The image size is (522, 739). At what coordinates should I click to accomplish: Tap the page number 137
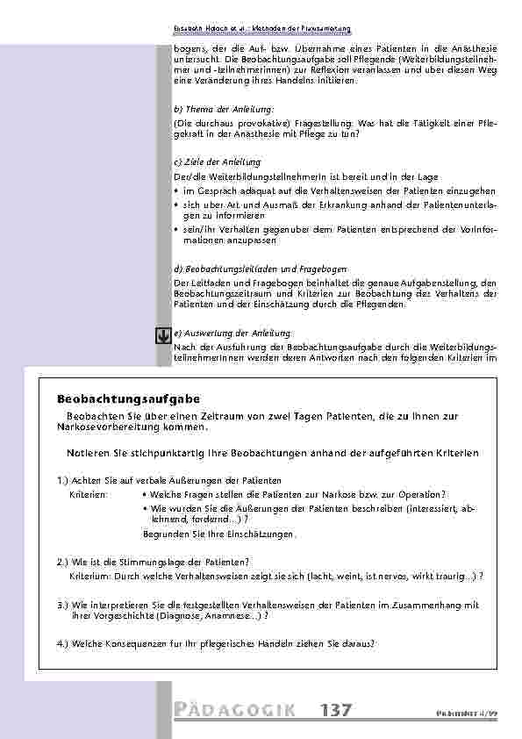pyautogui.click(x=337, y=711)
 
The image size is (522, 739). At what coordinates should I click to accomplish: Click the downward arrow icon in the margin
pyautogui.click(x=162, y=335)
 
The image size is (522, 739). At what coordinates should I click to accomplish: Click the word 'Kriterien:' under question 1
pyautogui.click(x=89, y=494)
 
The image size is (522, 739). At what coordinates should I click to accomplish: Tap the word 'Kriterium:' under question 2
pyautogui.click(x=90, y=576)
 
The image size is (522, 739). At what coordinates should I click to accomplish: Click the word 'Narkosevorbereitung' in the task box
pyautogui.click(x=100, y=427)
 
